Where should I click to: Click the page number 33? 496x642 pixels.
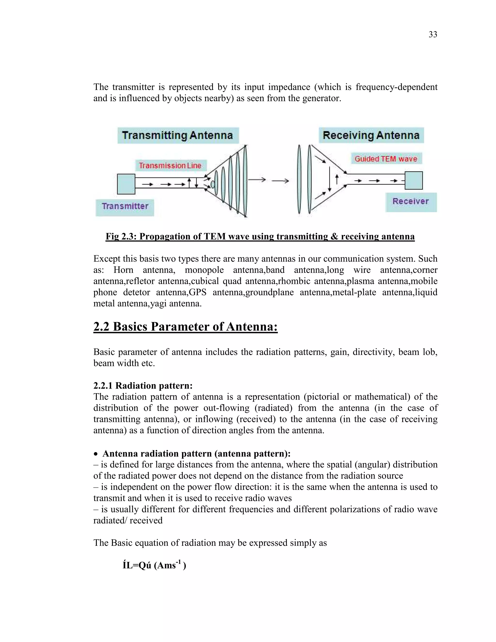pos(433,34)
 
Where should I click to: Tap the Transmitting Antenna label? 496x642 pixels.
pos(178,135)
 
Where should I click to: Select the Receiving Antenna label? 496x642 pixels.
pos(371,135)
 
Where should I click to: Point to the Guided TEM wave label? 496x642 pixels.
pos(386,159)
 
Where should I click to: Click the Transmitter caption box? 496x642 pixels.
pos(125,206)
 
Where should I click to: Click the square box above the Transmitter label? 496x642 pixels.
pos(126,184)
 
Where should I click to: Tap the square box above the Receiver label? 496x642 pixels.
pos(414,180)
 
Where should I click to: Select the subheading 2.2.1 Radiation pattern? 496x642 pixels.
pos(143,385)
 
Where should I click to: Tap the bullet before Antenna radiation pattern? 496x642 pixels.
pos(96,454)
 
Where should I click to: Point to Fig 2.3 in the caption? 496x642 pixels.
pos(121,236)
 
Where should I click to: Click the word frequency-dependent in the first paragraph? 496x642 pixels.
pos(396,87)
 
